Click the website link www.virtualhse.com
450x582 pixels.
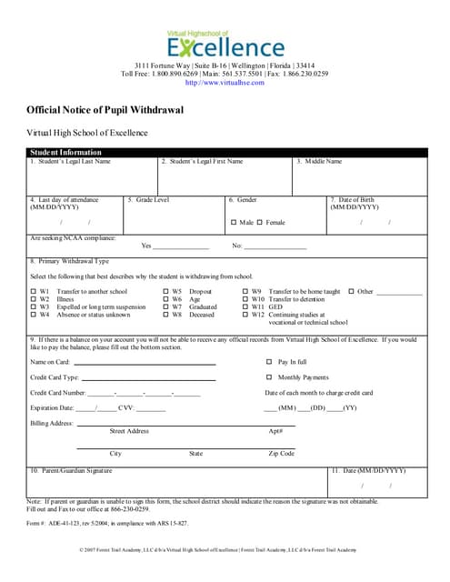(x=225, y=82)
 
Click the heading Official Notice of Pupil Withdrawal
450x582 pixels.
(x=105, y=109)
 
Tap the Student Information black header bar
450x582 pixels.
(x=65, y=152)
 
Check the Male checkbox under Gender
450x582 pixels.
(x=234, y=222)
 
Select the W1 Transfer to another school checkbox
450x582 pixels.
(x=33, y=292)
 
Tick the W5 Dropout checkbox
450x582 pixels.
(x=165, y=292)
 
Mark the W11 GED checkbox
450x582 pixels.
(x=245, y=307)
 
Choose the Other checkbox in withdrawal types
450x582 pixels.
(x=351, y=292)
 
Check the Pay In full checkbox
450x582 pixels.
(x=269, y=362)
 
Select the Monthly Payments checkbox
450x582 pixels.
(x=269, y=377)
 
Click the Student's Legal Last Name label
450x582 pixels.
(x=70, y=162)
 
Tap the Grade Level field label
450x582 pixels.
(x=148, y=199)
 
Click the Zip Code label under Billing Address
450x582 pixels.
(x=281, y=453)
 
